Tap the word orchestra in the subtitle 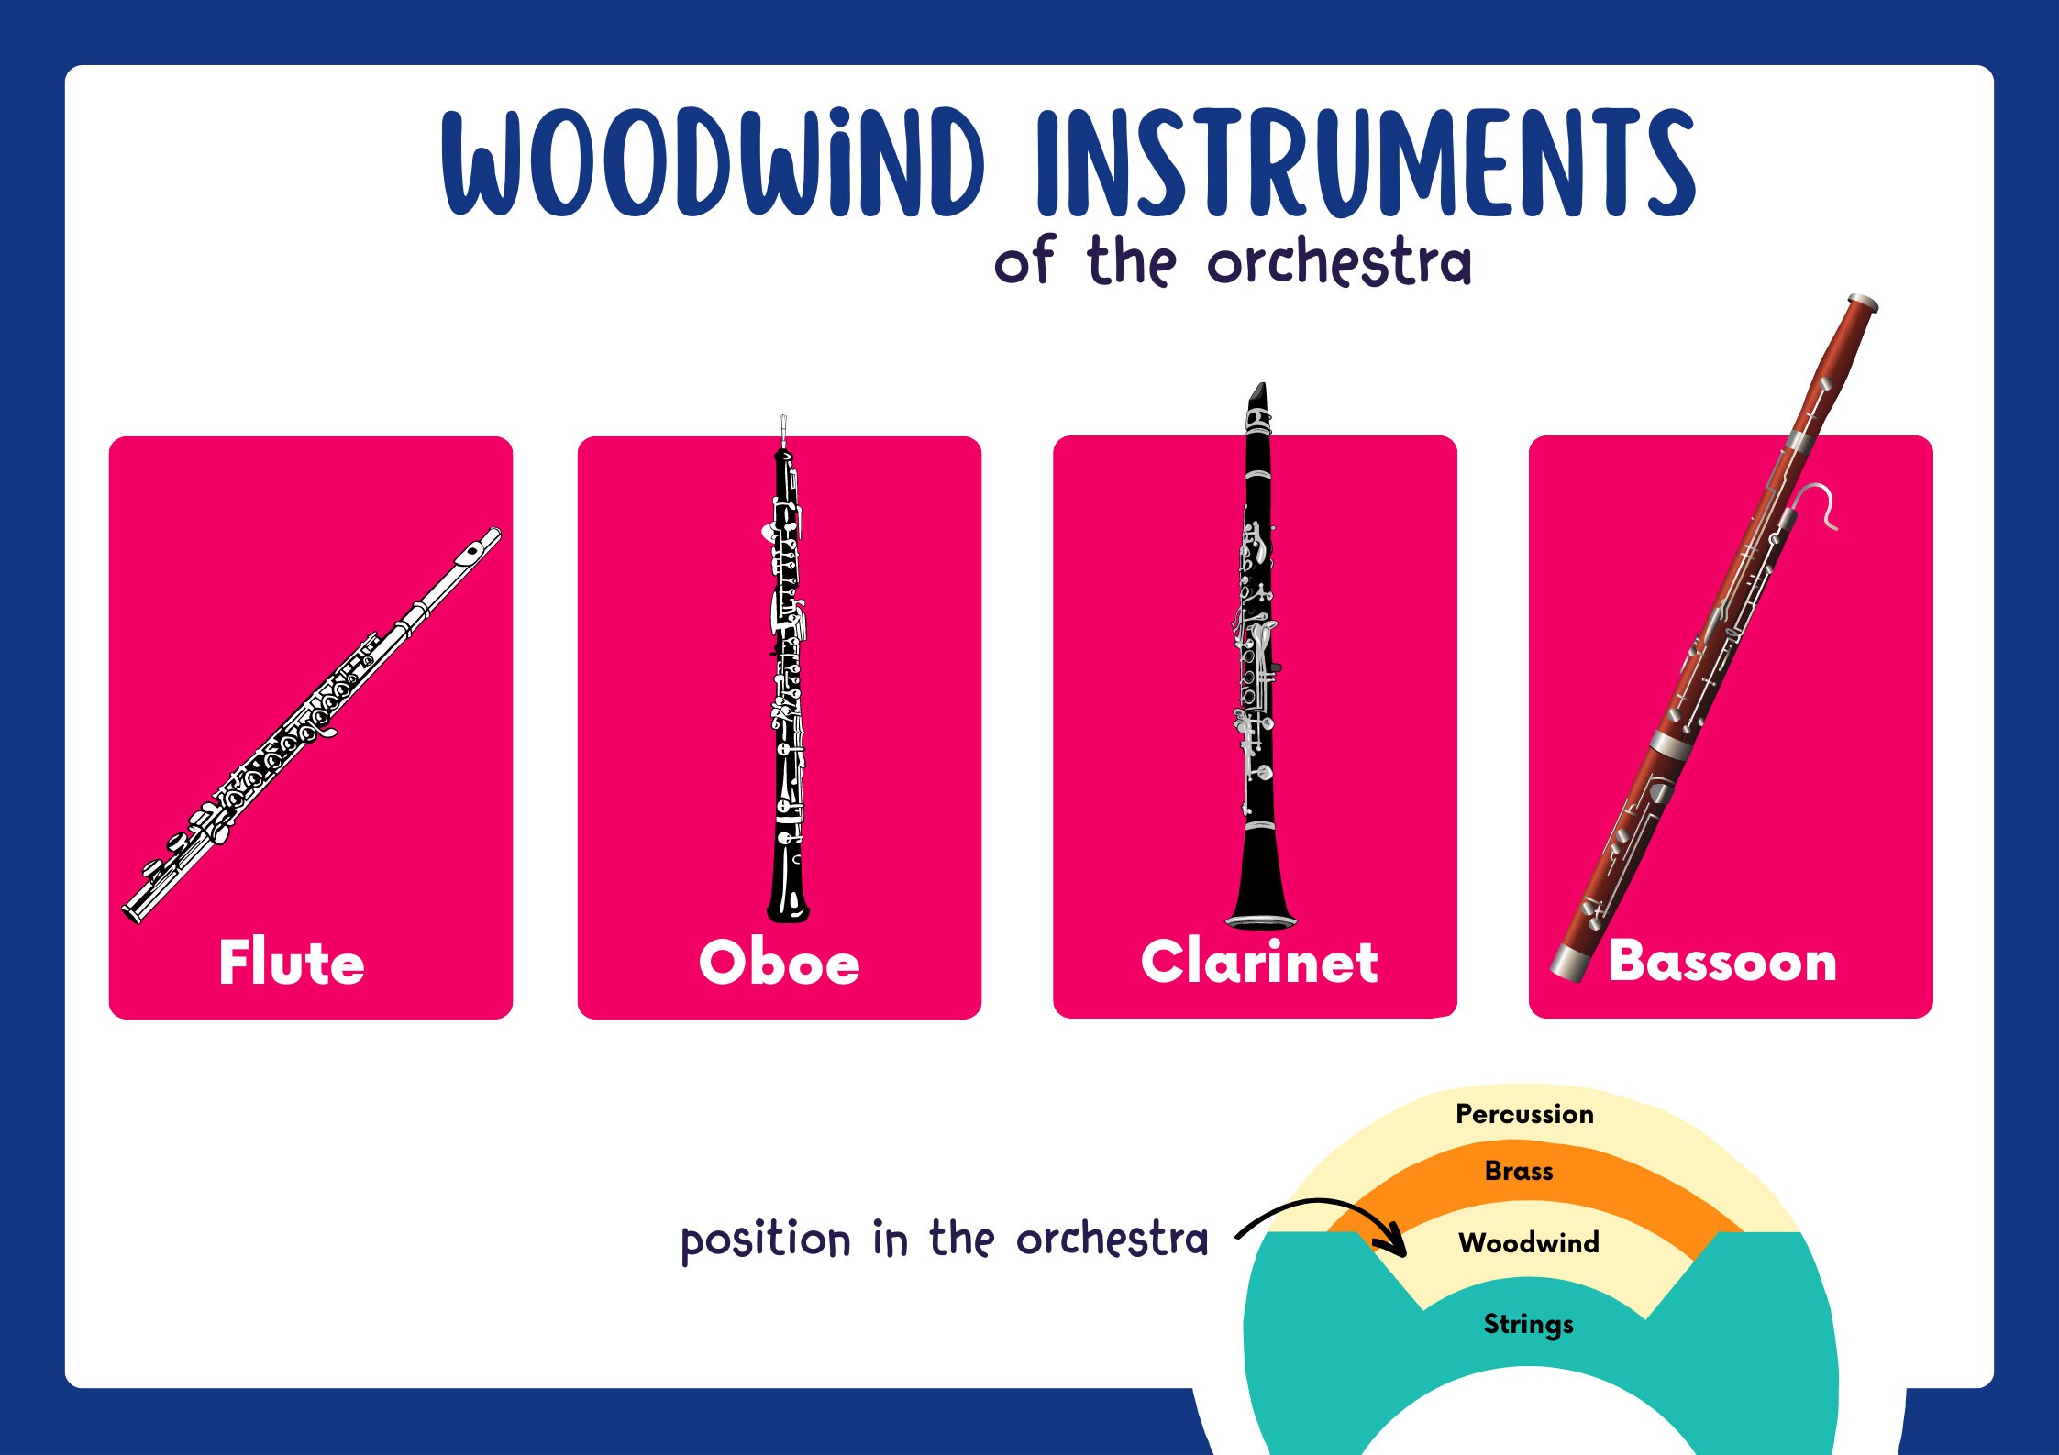pyautogui.click(x=1339, y=262)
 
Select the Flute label pyautogui.click(x=292, y=963)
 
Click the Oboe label pyautogui.click(x=780, y=963)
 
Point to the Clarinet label pyautogui.click(x=1259, y=962)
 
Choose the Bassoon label pyautogui.click(x=1722, y=962)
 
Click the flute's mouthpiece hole pyautogui.click(x=471, y=551)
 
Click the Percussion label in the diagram pyautogui.click(x=1524, y=1114)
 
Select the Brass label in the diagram pyautogui.click(x=1519, y=1171)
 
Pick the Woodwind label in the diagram pyautogui.click(x=1529, y=1242)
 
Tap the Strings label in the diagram pyautogui.click(x=1528, y=1324)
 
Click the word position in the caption pyautogui.click(x=766, y=1241)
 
